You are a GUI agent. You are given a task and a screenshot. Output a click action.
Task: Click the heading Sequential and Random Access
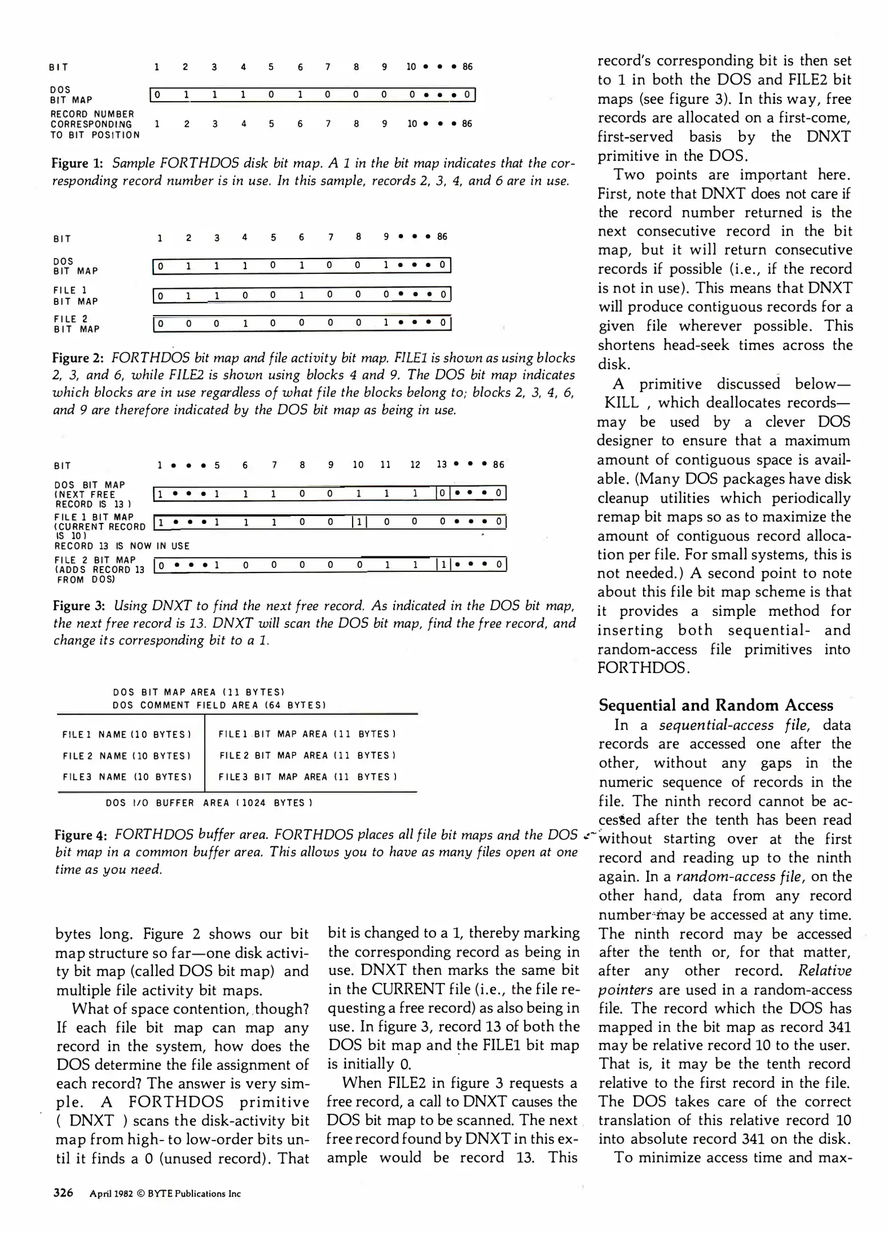(716, 705)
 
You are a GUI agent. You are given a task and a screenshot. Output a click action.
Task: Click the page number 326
(63, 1192)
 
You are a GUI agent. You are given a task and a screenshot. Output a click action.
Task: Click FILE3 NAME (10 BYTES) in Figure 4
(127, 777)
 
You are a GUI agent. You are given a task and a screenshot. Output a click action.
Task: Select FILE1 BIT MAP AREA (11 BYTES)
(307, 734)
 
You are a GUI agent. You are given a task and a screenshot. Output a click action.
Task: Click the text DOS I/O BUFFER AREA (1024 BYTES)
(209, 803)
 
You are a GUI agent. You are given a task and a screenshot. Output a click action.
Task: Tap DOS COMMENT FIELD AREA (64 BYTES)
(219, 705)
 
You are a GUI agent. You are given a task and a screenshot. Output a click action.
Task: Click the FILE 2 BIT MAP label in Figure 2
(76, 324)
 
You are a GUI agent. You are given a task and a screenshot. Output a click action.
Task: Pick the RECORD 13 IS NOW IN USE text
(122, 546)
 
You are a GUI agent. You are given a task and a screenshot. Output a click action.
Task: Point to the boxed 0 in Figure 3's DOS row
(443, 493)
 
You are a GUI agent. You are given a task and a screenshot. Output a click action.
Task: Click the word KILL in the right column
(621, 403)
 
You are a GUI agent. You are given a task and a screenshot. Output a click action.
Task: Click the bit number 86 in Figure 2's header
(442, 236)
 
